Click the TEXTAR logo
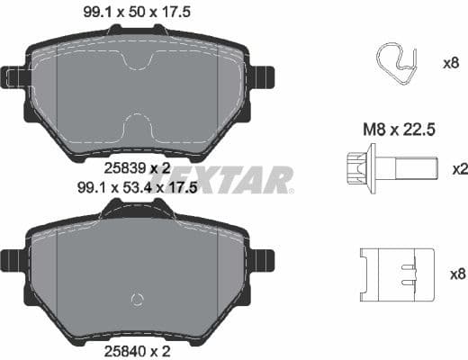click(232, 179)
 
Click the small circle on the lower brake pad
click(137, 300)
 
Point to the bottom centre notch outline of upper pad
click(137, 126)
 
